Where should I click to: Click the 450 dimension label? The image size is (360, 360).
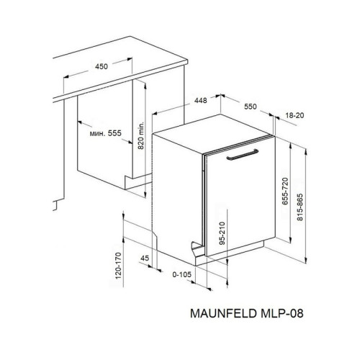[x=101, y=66]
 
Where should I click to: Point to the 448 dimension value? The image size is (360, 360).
[x=192, y=101]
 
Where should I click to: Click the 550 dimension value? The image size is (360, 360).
[x=249, y=107]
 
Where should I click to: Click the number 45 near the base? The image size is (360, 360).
[x=145, y=257]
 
